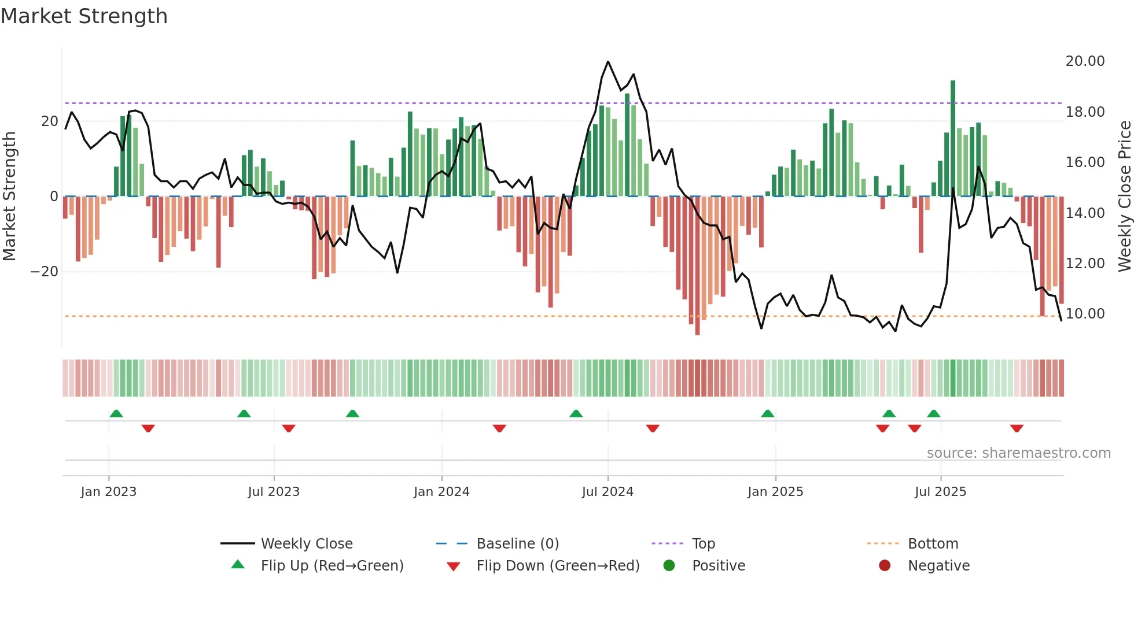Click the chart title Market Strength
tap(84, 16)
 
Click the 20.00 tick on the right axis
tap(1085, 61)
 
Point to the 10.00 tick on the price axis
tap(1085, 314)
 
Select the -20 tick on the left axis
tap(45, 272)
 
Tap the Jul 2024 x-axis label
tap(607, 492)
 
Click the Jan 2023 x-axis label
tap(109, 492)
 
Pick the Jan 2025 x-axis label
tap(775, 492)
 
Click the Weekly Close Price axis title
tap(1124, 197)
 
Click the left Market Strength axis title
tap(9, 197)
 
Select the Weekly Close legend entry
tap(307, 544)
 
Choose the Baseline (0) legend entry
tap(517, 544)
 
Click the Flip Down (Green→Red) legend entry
tap(558, 566)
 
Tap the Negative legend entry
tap(938, 566)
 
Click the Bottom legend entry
tap(933, 544)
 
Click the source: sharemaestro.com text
tap(1018, 453)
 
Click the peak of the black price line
tap(608, 62)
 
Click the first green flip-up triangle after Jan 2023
tap(116, 413)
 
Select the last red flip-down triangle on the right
tap(1017, 428)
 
